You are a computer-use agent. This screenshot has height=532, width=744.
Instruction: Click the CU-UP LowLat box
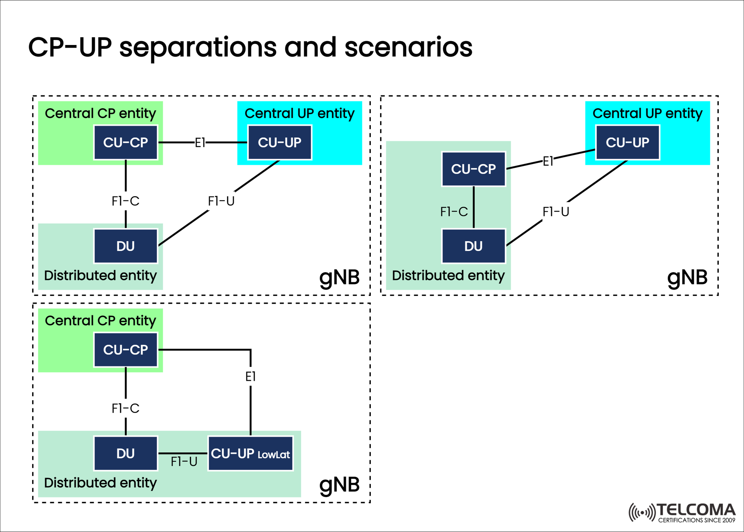click(x=250, y=453)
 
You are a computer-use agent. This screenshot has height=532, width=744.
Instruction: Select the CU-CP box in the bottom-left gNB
click(x=126, y=349)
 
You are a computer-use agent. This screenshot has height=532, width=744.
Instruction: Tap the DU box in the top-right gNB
click(x=474, y=246)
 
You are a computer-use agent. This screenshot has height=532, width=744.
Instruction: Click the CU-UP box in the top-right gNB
click(x=627, y=142)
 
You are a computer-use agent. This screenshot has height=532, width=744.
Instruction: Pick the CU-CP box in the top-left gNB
click(x=126, y=142)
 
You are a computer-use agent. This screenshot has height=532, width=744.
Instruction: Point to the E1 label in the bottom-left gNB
click(x=250, y=376)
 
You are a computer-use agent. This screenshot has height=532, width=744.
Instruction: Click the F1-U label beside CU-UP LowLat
click(x=184, y=461)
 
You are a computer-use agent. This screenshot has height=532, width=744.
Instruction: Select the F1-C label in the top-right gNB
click(x=454, y=212)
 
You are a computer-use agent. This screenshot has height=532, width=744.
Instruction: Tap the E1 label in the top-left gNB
click(x=200, y=143)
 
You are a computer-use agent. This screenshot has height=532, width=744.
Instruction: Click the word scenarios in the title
click(x=408, y=47)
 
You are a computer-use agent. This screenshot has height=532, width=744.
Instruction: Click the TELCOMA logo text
click(x=696, y=510)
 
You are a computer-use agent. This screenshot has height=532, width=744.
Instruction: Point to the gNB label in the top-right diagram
click(x=687, y=277)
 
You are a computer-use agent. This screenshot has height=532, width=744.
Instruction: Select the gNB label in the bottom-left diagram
click(x=339, y=484)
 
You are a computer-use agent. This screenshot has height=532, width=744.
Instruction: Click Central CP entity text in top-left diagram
click(x=100, y=113)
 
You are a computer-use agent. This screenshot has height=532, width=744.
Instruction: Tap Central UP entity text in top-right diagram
click(x=647, y=113)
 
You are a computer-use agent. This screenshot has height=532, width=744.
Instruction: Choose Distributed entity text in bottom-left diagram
click(x=100, y=482)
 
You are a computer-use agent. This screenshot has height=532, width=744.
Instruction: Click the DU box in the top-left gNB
click(x=126, y=246)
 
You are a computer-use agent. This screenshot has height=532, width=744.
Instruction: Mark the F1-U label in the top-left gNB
click(x=221, y=201)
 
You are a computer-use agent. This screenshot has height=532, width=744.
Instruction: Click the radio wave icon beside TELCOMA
click(x=642, y=513)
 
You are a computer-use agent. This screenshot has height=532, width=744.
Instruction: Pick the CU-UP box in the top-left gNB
click(x=279, y=142)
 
